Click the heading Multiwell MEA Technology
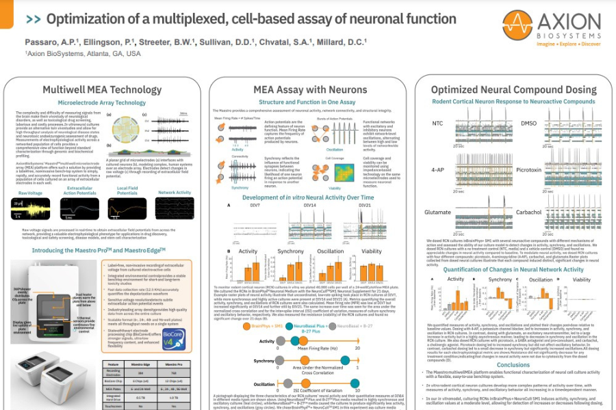[x=102, y=90]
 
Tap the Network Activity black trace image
[x=175, y=208]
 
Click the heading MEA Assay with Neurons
[x=300, y=90]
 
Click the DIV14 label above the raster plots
[x=309, y=204]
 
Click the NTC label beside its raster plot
[x=439, y=123]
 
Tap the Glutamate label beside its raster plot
[x=437, y=213]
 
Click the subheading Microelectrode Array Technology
[x=102, y=102]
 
